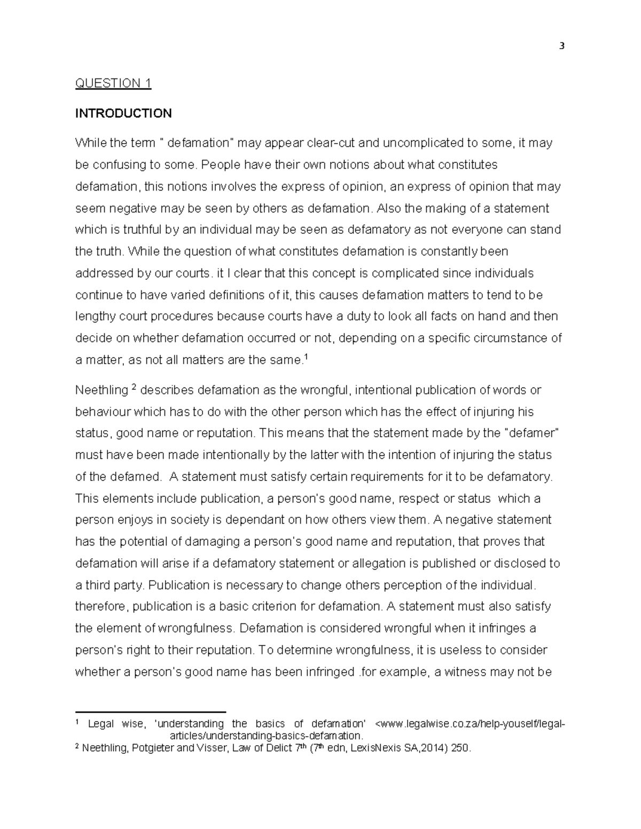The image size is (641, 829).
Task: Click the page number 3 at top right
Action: tap(561, 46)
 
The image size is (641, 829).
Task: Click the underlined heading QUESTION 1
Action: tap(113, 83)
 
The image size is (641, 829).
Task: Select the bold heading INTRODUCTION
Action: tap(123, 113)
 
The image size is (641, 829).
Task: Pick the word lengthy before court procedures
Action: tap(94, 317)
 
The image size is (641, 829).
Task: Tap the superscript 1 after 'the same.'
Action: tap(305, 357)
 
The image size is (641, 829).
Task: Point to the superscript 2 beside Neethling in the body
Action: tap(134, 388)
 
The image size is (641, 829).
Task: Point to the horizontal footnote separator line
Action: tap(151, 712)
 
